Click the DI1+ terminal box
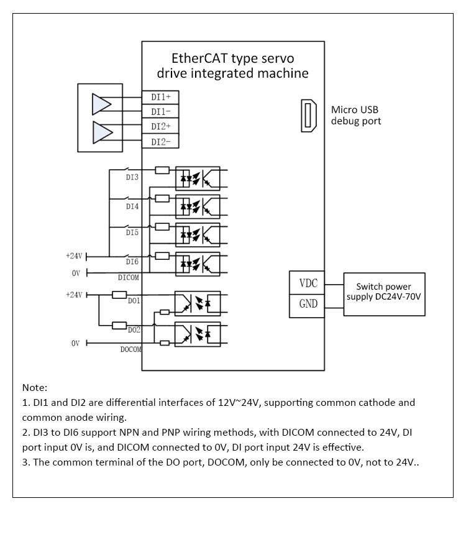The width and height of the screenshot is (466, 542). [160, 97]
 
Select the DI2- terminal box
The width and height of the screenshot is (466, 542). [160, 141]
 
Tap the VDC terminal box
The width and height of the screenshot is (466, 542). [307, 283]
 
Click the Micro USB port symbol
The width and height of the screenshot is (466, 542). [309, 116]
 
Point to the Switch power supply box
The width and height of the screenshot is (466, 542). [384, 294]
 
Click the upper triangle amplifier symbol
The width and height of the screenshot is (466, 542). [101, 104]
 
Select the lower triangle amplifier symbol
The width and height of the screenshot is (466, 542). [103, 132]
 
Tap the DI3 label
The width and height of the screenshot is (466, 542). [132, 177]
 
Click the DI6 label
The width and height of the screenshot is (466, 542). [132, 262]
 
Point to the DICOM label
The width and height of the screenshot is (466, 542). [129, 278]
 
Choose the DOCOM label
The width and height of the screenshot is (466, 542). [131, 349]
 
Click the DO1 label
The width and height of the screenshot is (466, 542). [134, 301]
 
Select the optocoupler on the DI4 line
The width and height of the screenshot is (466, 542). [198, 207]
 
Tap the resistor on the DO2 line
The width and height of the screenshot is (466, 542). [119, 325]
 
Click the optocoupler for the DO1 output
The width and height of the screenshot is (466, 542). [198, 304]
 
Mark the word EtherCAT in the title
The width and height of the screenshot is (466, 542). [198, 58]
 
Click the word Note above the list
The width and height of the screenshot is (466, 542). [35, 387]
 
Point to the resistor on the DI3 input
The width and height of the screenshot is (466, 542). [162, 170]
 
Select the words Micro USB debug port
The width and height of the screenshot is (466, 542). [356, 115]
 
